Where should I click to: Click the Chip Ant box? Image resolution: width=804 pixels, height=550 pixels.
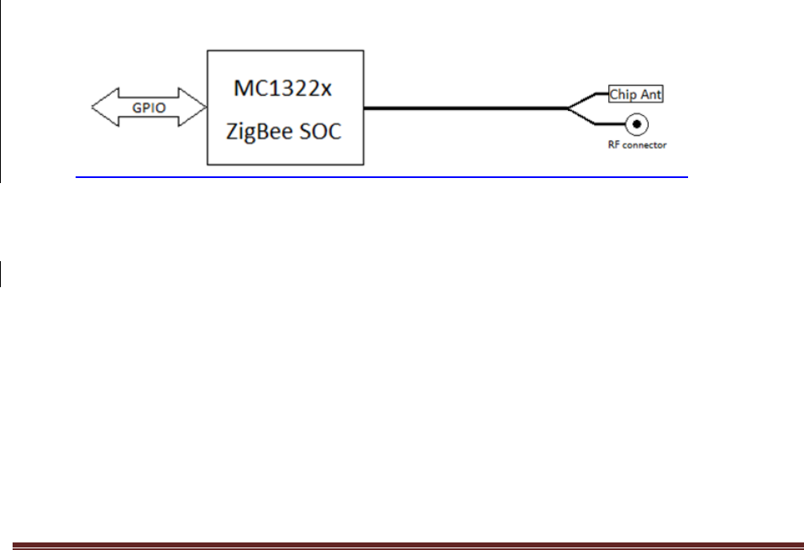click(635, 94)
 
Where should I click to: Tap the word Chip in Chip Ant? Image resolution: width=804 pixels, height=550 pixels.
click(623, 94)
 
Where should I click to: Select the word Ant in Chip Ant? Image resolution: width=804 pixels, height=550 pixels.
click(649, 94)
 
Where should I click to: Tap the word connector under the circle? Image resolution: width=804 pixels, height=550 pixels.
click(644, 144)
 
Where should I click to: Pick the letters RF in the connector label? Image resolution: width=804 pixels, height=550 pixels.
click(615, 144)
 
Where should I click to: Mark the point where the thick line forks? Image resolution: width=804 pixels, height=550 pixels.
click(568, 107)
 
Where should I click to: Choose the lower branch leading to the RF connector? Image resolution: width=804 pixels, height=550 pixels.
click(592, 123)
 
